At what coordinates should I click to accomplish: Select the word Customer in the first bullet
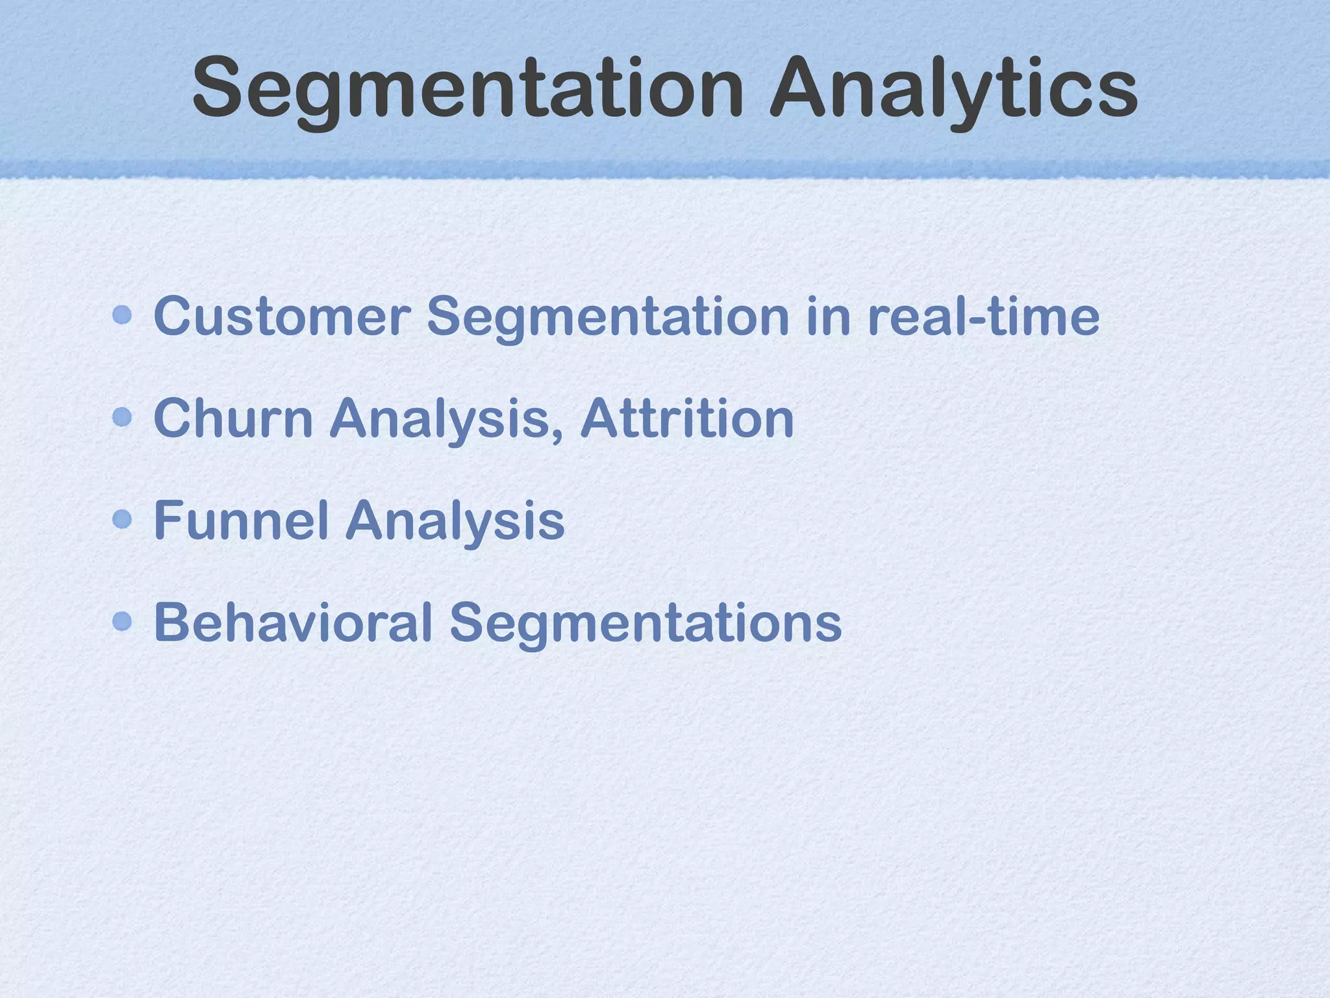(x=282, y=316)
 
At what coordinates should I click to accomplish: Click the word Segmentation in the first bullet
(x=608, y=316)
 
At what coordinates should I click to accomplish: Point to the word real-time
(x=983, y=316)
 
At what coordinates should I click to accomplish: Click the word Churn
(x=234, y=418)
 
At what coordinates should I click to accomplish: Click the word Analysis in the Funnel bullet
(x=455, y=520)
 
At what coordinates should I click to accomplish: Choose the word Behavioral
(x=293, y=622)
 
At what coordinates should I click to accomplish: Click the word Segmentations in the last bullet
(x=646, y=622)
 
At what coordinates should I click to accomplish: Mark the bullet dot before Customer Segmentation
(x=122, y=316)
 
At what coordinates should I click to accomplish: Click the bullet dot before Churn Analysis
(x=122, y=417)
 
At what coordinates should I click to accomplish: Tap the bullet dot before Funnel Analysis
(x=122, y=519)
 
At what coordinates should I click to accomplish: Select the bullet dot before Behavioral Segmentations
(x=122, y=621)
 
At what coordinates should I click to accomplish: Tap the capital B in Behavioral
(x=171, y=622)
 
